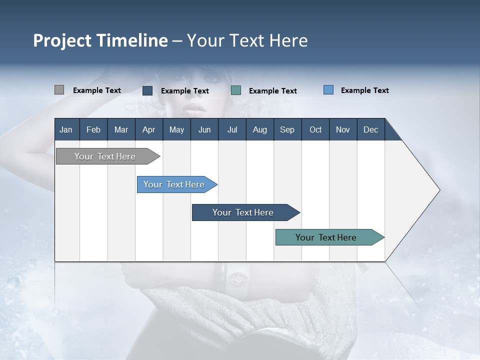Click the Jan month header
66,129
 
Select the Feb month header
93,129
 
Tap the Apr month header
148,129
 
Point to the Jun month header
204,129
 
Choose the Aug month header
259,129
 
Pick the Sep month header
287,129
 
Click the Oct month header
315,129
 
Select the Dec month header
370,129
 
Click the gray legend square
59,90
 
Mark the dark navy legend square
147,90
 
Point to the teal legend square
236,90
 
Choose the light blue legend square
328,90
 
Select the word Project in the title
62,40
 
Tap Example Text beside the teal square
272,91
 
